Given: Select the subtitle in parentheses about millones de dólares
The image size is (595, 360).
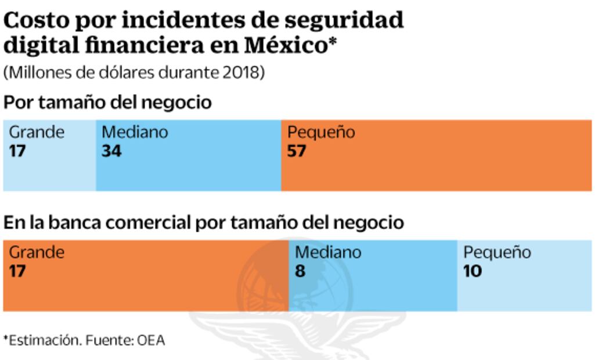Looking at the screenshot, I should pos(134,73).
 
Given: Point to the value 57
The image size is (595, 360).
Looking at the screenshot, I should pos(296,151).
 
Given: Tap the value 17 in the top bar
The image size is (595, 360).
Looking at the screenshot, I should pos(17,151).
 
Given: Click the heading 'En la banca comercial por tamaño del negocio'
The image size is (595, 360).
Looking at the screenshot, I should pos(204,222).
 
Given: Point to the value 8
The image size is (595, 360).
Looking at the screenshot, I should pos(300,271).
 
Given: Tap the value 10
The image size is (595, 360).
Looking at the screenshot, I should pos(473,271).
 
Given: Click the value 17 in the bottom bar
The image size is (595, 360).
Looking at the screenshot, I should pos(17,271).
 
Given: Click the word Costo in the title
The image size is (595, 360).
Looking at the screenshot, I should pos(37,20).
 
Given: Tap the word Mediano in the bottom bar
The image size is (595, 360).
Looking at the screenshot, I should pos(328,253).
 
